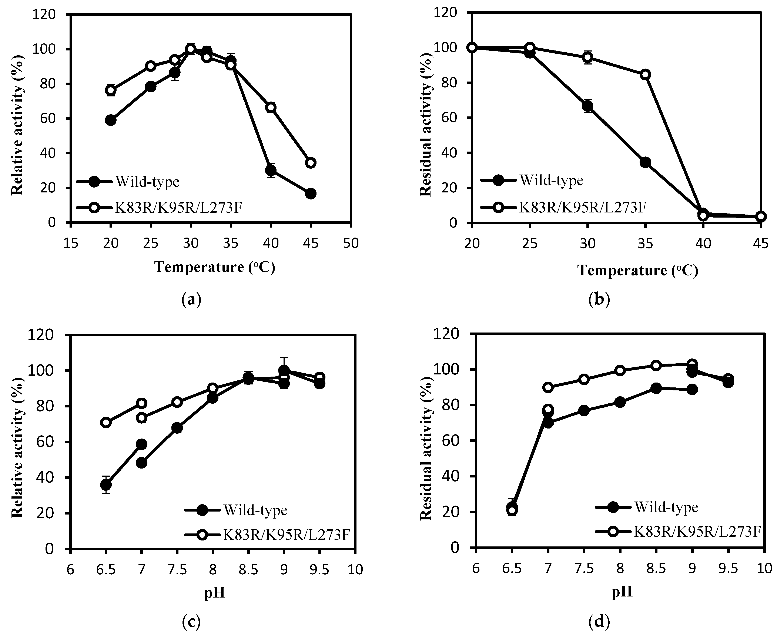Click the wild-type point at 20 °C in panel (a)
pyautogui.click(x=110, y=120)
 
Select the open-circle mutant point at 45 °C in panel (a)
pyautogui.click(x=311, y=163)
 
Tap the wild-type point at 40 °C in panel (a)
pyautogui.click(x=271, y=171)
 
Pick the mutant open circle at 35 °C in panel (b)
pyautogui.click(x=645, y=74)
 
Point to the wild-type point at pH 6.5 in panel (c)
pyautogui.click(x=106, y=485)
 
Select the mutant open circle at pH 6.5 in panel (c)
pyautogui.click(x=106, y=423)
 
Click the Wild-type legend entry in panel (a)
pyautogui.click(x=147, y=182)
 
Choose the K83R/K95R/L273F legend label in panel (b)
pyautogui.click(x=583, y=207)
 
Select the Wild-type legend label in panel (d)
pyautogui.click(x=666, y=507)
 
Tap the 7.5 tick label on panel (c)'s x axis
pyautogui.click(x=177, y=569)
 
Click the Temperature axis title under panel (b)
pyautogui.click(x=637, y=271)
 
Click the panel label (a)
pyautogui.click(x=191, y=300)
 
